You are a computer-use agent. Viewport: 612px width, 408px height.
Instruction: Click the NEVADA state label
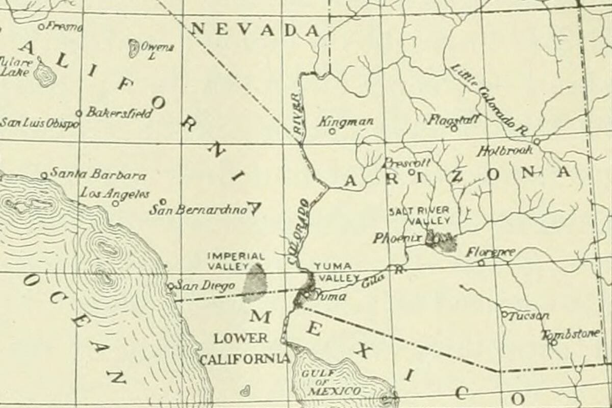pyautogui.click(x=255, y=29)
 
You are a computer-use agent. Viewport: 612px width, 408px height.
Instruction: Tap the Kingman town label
pyautogui.click(x=346, y=122)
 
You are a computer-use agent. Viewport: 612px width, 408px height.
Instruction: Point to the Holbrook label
pyautogui.click(x=505, y=150)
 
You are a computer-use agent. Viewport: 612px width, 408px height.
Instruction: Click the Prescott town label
pyautogui.click(x=406, y=163)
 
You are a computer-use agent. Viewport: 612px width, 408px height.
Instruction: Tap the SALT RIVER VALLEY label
pyautogui.click(x=420, y=216)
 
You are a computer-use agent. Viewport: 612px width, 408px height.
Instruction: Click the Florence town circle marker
pyautogui.click(x=481, y=263)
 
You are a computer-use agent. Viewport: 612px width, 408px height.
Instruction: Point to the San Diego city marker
pyautogui.click(x=171, y=286)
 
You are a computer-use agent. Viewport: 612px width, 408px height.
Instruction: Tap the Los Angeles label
pyautogui.click(x=115, y=194)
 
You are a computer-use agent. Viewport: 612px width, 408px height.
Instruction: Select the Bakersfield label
pyautogui.click(x=119, y=113)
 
